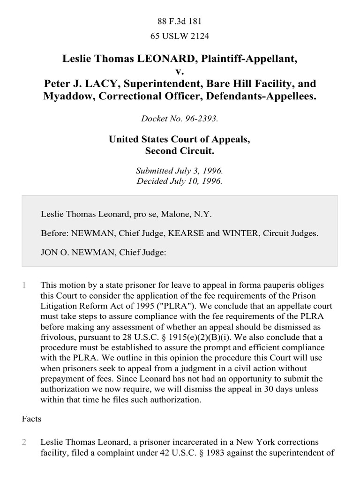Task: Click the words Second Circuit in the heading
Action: pyautogui.click(x=180, y=151)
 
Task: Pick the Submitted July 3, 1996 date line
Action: pyautogui.click(x=180, y=172)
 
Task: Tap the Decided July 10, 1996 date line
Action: pyautogui.click(x=180, y=181)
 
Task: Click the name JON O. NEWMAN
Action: pyautogui.click(x=72, y=252)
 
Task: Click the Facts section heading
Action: pyautogui.click(x=32, y=419)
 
